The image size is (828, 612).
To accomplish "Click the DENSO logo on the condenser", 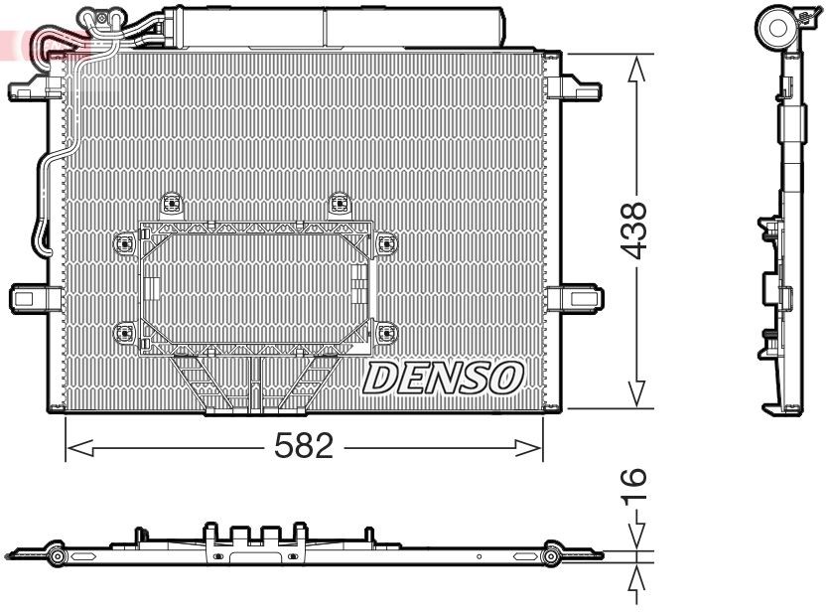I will (444, 377).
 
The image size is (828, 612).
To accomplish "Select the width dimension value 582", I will (304, 448).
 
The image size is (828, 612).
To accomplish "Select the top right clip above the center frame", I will (340, 205).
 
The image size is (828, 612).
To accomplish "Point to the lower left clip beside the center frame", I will (125, 332).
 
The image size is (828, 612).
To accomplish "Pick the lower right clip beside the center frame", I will (385, 332).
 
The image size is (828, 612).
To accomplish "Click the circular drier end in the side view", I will (775, 28).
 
